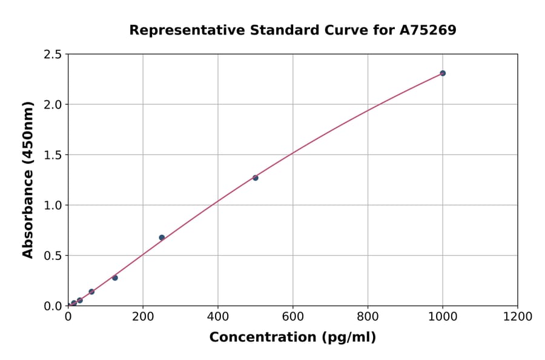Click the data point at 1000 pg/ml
pyautogui.click(x=443, y=73)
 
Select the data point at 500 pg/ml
pyautogui.click(x=256, y=178)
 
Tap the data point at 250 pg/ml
pyautogui.click(x=162, y=238)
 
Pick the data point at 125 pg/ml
pyautogui.click(x=115, y=278)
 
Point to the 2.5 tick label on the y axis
pyautogui.click(x=52, y=55)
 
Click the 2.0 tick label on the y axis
pyautogui.click(x=52, y=105)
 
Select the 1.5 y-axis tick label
pyautogui.click(x=52, y=155)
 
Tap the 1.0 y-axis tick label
pyautogui.click(x=52, y=205)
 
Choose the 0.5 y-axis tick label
pyautogui.click(x=52, y=256)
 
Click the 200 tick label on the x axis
pyautogui.click(x=143, y=316)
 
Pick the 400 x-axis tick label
pyautogui.click(x=218, y=316)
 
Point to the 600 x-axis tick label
pyautogui.click(x=293, y=316)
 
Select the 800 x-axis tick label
pyautogui.click(x=368, y=316)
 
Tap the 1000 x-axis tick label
pyautogui.click(x=443, y=316)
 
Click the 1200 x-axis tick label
pyautogui.click(x=518, y=316)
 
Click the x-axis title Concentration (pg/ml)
pyautogui.click(x=292, y=338)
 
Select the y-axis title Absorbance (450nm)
pyautogui.click(x=28, y=180)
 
